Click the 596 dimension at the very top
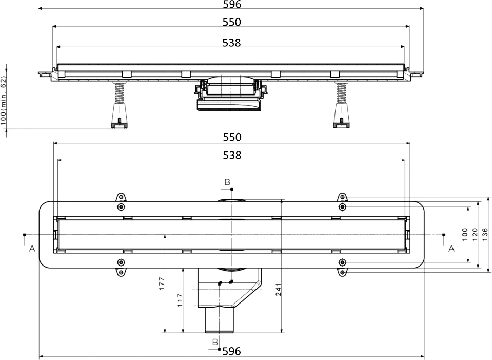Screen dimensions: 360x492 coord(232,5)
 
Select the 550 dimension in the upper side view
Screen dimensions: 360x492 coord(232,22)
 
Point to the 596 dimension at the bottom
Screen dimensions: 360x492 coord(232,352)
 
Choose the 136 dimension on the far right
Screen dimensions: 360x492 coord(484,234)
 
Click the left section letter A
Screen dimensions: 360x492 coord(32,249)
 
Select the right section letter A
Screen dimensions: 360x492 coord(451,249)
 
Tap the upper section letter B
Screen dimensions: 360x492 coord(227,182)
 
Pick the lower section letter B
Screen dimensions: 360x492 coord(215,342)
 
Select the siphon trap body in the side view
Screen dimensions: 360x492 coord(230,95)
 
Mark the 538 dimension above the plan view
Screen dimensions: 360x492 coord(232,155)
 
